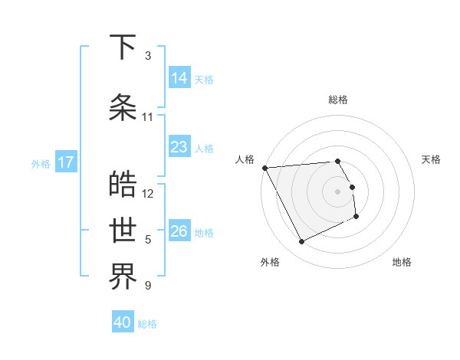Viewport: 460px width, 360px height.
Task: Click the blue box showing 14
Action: click(x=179, y=77)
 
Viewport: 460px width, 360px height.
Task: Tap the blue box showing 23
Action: click(x=179, y=147)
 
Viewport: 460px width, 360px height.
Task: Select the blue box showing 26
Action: click(x=179, y=231)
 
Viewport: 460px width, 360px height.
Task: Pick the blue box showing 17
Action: click(x=66, y=162)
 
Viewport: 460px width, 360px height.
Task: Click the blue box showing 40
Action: click(x=123, y=322)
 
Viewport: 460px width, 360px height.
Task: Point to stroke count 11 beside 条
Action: click(x=148, y=117)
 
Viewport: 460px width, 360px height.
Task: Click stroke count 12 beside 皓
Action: click(x=148, y=193)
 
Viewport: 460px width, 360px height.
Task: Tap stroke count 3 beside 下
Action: click(x=148, y=56)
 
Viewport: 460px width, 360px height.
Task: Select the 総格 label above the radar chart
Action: click(x=338, y=100)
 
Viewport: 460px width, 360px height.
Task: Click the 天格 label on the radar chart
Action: click(x=431, y=159)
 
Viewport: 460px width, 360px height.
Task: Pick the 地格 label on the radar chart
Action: click(x=402, y=262)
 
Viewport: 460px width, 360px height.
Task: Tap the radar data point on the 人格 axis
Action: click(x=265, y=168)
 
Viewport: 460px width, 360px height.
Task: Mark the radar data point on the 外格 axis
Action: click(x=301, y=242)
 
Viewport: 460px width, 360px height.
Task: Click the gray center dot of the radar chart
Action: click(x=338, y=191)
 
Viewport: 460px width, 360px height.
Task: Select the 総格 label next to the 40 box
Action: click(x=147, y=324)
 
